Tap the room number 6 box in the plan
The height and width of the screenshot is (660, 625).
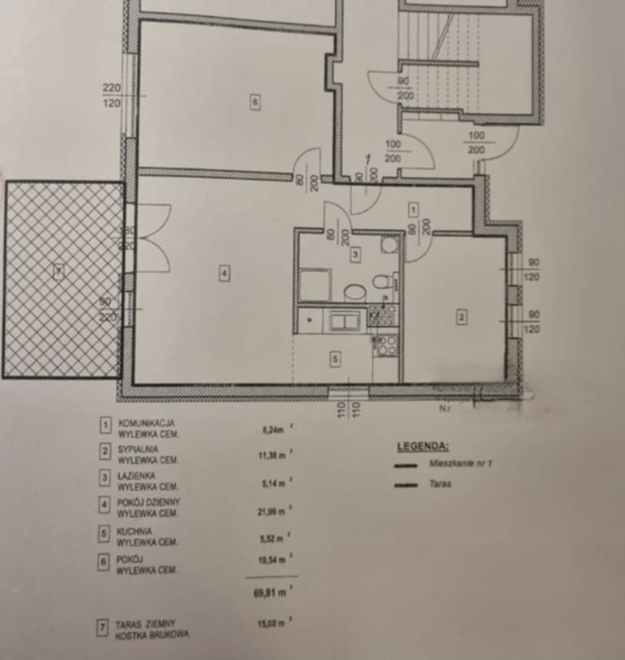(255, 103)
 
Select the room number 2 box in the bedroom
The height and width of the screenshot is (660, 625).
(461, 317)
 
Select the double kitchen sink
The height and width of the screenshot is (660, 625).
(344, 321)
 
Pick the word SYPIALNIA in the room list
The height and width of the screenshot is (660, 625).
(139, 449)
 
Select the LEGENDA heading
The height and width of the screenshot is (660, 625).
(422, 447)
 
